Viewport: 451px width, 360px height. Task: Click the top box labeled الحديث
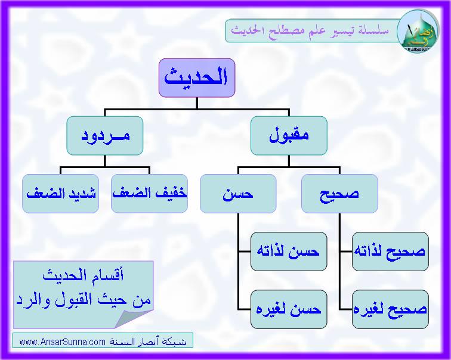pyautogui.click(x=197, y=78)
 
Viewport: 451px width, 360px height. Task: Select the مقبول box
pyautogui.click(x=289, y=136)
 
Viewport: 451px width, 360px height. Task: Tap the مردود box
pyautogui.click(x=105, y=136)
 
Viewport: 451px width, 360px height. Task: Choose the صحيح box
pyautogui.click(x=339, y=194)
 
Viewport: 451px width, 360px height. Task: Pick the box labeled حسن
pyautogui.click(x=238, y=194)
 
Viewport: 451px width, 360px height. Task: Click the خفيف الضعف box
pyautogui.click(x=149, y=194)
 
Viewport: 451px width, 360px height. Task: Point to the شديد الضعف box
pyautogui.click(x=60, y=194)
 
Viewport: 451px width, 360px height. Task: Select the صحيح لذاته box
pyautogui.click(x=390, y=252)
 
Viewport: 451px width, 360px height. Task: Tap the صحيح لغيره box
pyautogui.click(x=390, y=309)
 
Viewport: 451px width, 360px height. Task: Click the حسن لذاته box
pyautogui.click(x=289, y=252)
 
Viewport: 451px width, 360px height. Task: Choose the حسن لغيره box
pyautogui.click(x=289, y=309)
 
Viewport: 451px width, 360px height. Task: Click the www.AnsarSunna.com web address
pyautogui.click(x=63, y=342)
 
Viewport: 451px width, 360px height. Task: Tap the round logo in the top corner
pyautogui.click(x=418, y=31)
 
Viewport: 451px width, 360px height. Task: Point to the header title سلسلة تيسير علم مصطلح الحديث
pyautogui.click(x=310, y=30)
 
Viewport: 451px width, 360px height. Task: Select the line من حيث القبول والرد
pyautogui.click(x=84, y=300)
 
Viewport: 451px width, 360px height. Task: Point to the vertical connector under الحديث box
pyautogui.click(x=197, y=103)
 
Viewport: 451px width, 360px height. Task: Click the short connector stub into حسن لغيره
pyautogui.click(x=244, y=309)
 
